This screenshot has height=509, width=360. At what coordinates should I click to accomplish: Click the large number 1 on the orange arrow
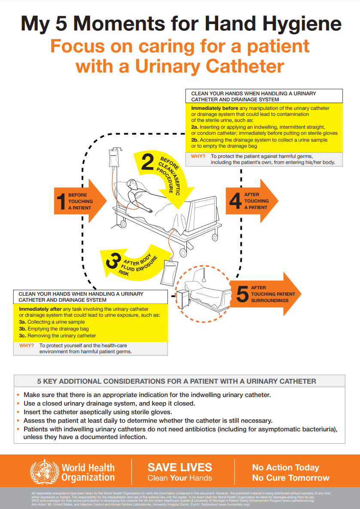click(x=61, y=201)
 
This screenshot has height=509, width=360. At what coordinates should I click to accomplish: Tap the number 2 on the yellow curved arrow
click(x=147, y=162)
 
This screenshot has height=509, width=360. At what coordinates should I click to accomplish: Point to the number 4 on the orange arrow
click(x=235, y=201)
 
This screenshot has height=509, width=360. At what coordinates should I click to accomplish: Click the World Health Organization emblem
click(x=43, y=471)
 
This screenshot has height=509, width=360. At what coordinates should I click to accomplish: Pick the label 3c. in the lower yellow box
click(x=23, y=336)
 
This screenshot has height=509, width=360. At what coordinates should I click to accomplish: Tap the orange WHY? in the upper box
click(x=198, y=156)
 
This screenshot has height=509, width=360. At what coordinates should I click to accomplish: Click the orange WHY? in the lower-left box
click(x=26, y=345)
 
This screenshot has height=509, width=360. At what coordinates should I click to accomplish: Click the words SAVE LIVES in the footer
click(x=180, y=467)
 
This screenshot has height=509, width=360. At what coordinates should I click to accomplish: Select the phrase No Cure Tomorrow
click(x=290, y=478)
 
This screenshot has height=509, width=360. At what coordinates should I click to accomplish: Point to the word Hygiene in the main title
click(x=296, y=24)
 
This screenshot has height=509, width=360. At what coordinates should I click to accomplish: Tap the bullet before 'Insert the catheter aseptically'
click(x=18, y=412)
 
